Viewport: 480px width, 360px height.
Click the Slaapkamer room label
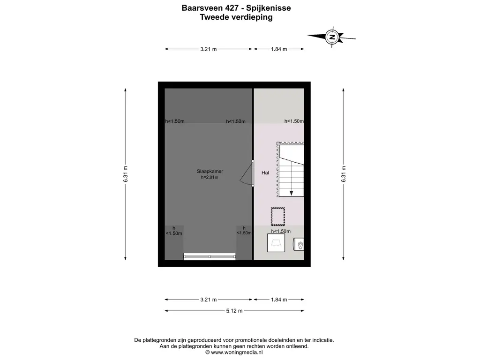pos(210,172)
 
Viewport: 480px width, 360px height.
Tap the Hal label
pos(265,173)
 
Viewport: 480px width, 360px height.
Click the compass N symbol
pos(332,37)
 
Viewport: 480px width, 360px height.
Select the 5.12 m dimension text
pos(234,311)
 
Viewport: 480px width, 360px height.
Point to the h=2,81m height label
pos(210,177)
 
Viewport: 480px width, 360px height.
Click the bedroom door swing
pos(246,173)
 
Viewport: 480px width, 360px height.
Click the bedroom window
pos(210,256)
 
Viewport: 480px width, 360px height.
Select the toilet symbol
pos(299,245)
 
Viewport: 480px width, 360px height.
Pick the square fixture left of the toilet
pos(276,243)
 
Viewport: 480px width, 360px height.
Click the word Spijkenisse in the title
pos(270,8)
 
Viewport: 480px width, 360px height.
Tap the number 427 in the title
pos(232,8)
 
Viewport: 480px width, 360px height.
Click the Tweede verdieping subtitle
pos(236,17)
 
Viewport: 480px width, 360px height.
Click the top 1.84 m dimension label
pos(279,49)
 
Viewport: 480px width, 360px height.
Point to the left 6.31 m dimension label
pos(126,174)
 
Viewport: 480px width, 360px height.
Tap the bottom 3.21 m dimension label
pos(209,300)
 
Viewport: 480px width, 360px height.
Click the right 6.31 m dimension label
pos(344,174)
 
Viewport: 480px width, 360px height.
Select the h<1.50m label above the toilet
pos(281,232)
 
